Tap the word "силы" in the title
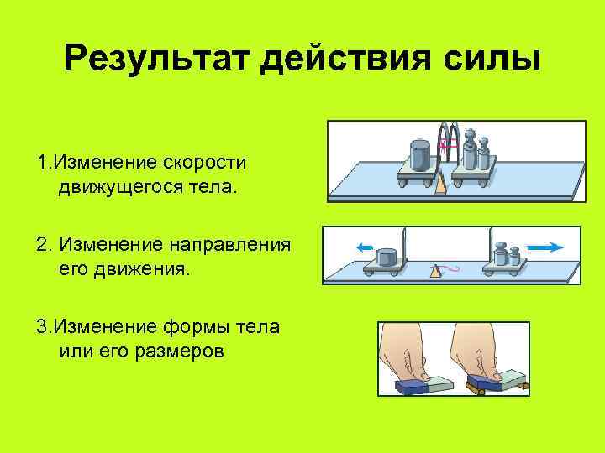click(x=493, y=60)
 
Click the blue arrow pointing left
click(x=364, y=247)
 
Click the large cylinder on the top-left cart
click(x=419, y=157)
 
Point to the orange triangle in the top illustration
click(x=441, y=184)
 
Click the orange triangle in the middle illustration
click(x=434, y=271)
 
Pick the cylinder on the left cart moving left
click(x=387, y=256)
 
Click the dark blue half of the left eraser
click(x=412, y=386)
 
